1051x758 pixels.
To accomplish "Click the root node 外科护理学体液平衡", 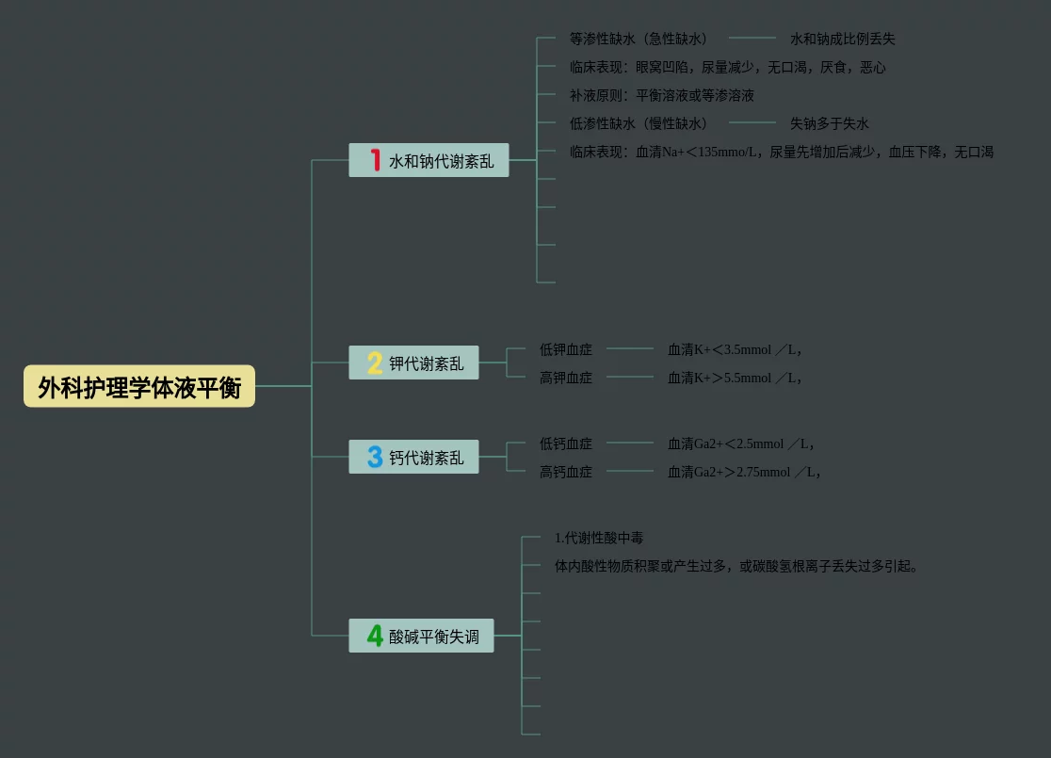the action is tap(139, 386).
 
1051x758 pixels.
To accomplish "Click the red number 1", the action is tap(375, 160).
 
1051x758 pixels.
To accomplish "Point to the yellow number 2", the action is tap(375, 363).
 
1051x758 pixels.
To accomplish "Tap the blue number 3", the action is tap(375, 458).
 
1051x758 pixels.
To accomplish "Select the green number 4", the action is tap(375, 637).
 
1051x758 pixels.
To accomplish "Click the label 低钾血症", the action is tap(566, 349).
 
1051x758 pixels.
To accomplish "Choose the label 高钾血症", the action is tap(566, 378).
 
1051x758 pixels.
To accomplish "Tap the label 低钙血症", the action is tap(566, 444).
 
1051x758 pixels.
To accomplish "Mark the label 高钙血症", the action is tap(566, 472).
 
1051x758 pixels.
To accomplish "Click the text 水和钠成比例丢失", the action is tap(843, 39).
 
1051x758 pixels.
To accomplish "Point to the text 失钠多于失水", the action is tap(830, 123).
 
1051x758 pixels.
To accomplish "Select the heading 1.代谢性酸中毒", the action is tap(599, 538).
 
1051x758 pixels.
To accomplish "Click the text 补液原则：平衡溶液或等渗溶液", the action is tap(662, 95).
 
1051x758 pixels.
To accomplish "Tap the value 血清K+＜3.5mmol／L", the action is tap(735, 349).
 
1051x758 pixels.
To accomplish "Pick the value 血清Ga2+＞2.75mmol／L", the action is tap(744, 472).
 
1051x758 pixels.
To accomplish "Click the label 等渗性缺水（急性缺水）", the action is tap(639, 39).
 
